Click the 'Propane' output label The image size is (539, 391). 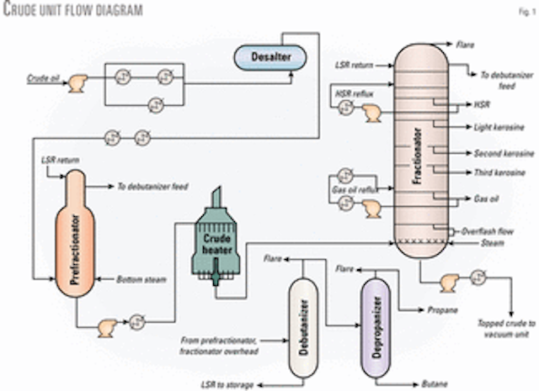(440, 310)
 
